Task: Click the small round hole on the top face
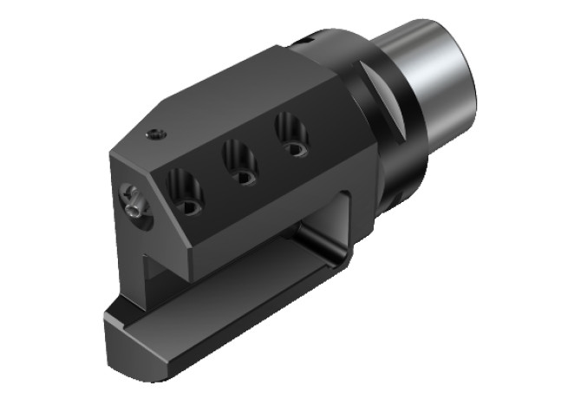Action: click(153, 134)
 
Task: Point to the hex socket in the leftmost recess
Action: click(189, 206)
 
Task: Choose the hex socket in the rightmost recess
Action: click(297, 149)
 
